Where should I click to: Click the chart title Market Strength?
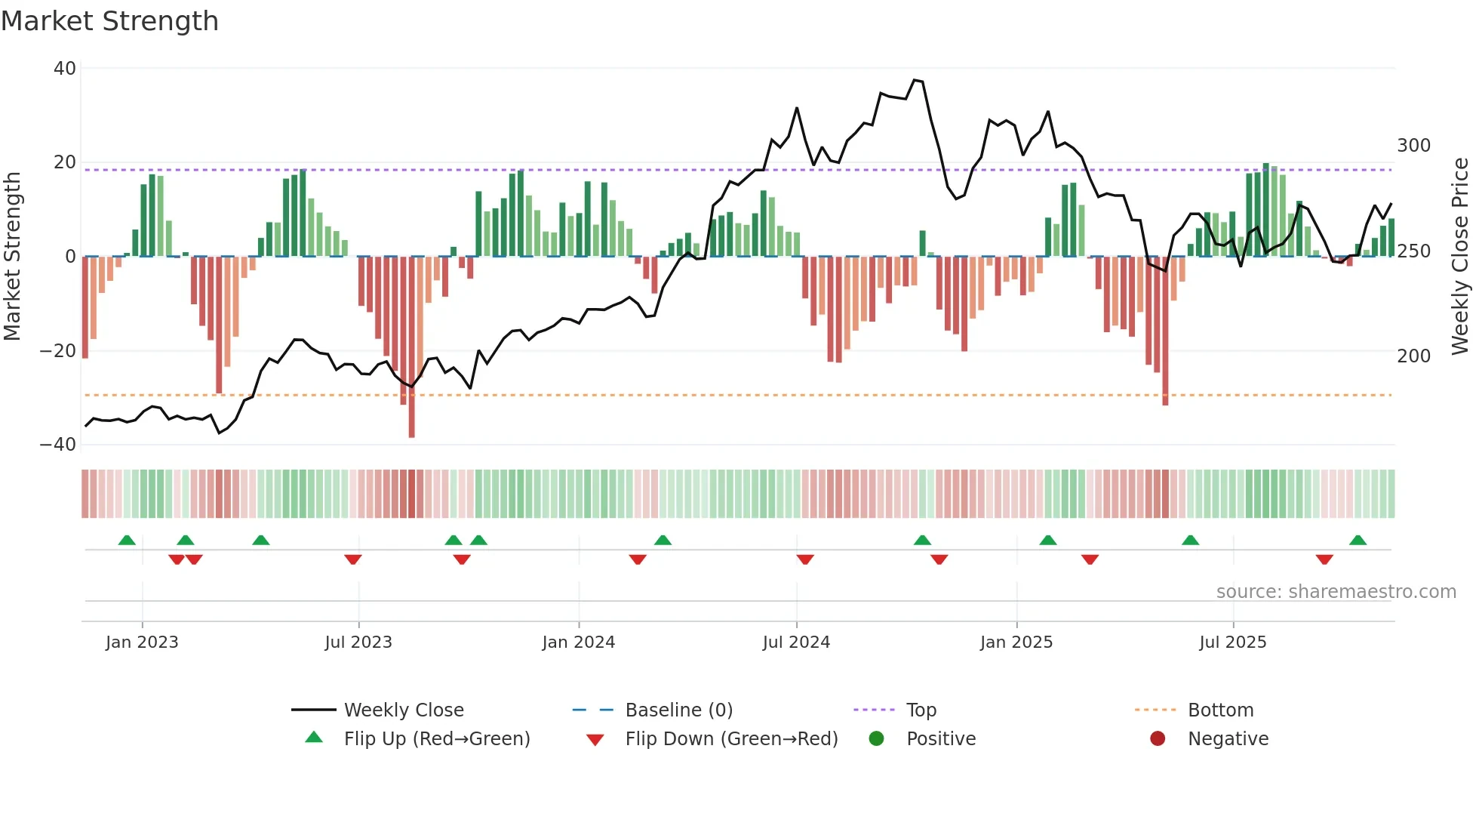(109, 21)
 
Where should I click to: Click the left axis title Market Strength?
(12, 256)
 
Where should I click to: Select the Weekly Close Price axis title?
(1460, 256)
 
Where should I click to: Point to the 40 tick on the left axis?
(65, 69)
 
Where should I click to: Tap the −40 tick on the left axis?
(58, 445)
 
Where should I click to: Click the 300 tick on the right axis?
(1413, 146)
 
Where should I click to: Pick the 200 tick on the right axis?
(1413, 356)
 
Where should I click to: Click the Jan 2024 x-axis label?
(578, 642)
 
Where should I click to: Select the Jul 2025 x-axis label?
(1232, 642)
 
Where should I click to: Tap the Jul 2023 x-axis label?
(358, 642)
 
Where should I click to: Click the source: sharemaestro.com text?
(1336, 592)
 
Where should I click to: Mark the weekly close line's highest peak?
(915, 80)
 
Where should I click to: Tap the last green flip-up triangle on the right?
(1358, 540)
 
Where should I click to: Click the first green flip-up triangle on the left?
(127, 540)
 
